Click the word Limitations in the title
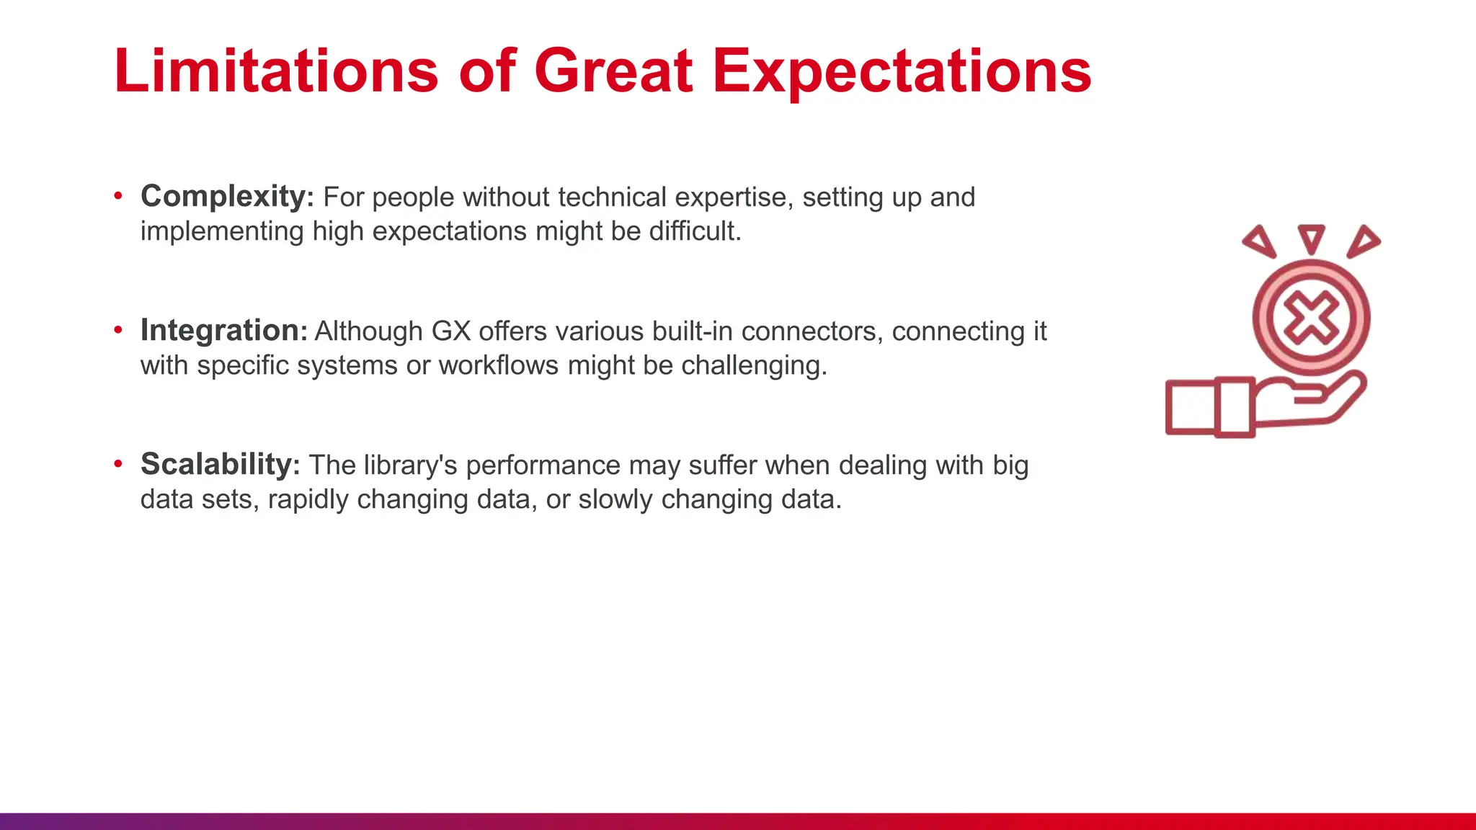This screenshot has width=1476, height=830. [x=276, y=71]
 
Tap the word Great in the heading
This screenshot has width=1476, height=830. [x=613, y=71]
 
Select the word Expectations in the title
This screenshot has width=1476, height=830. [x=902, y=72]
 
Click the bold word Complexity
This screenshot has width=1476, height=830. [x=223, y=197]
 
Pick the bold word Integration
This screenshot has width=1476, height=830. [x=220, y=331]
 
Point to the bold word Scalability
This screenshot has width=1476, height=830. [x=215, y=465]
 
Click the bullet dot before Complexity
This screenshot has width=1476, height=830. [x=118, y=197]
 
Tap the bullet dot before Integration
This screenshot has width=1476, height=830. [x=118, y=331]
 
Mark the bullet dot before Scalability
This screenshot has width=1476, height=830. [x=118, y=465]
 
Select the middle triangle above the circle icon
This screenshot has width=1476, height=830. [x=1311, y=237]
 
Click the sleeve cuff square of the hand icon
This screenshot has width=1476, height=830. [x=1191, y=407]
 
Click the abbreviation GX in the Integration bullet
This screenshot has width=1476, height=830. [x=450, y=331]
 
